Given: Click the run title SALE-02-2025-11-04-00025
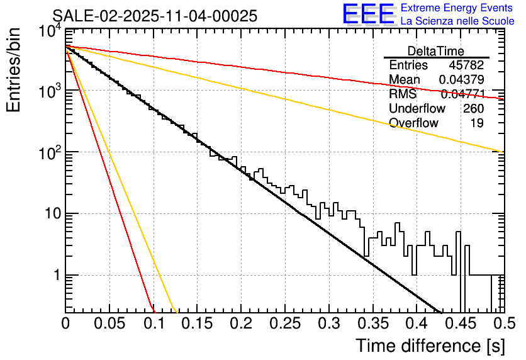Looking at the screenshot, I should [x=154, y=16].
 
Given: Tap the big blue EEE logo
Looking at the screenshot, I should [x=368, y=14].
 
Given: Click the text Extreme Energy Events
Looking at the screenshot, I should [x=457, y=8].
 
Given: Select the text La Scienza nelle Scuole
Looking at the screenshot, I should [x=457, y=21].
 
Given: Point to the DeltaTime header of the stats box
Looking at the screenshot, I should [x=435, y=51].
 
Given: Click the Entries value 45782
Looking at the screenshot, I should [x=466, y=65].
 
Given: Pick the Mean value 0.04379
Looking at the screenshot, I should [x=461, y=80].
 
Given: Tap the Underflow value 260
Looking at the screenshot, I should [x=473, y=109].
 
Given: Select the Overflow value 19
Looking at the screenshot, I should [x=477, y=123].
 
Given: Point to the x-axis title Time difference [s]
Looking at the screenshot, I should [x=430, y=346].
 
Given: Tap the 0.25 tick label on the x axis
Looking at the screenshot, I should [x=285, y=324].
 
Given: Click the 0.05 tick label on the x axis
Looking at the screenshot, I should [x=109, y=324].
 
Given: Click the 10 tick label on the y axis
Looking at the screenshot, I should [x=49, y=214].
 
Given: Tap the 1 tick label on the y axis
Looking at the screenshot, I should [x=55, y=275].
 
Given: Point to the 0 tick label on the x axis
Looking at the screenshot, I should [x=65, y=324].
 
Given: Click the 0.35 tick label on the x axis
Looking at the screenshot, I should [x=372, y=324].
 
